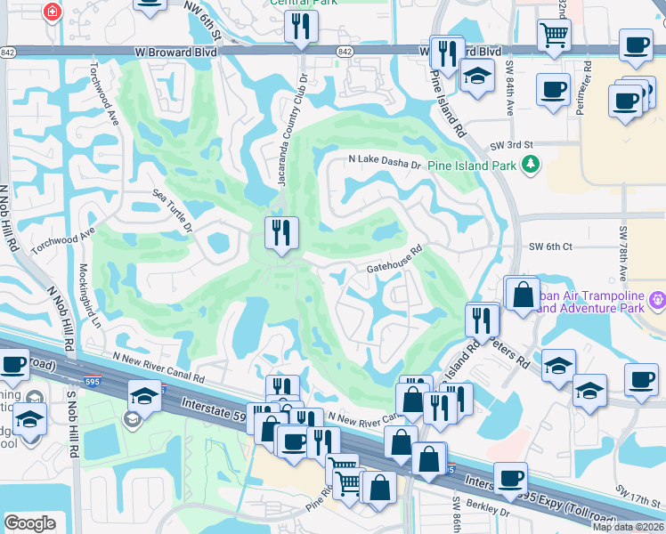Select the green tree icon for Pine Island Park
tap(531, 164)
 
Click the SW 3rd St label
tap(510, 144)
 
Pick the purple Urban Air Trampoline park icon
tap(657, 300)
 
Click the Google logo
tap(29, 522)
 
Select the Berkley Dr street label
tap(485, 513)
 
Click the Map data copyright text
tap(629, 527)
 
